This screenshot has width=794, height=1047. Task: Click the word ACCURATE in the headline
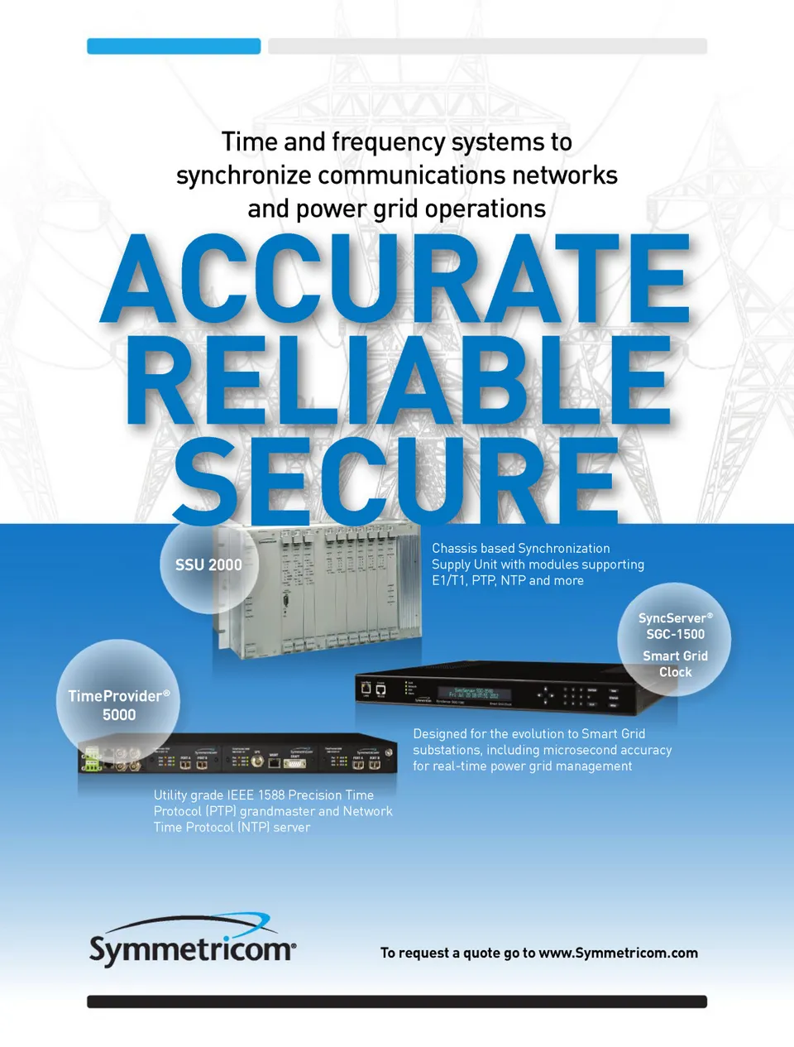[395, 278]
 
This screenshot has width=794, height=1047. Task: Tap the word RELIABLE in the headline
[397, 381]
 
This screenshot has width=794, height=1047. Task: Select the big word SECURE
[395, 480]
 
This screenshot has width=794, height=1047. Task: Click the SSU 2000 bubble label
[208, 565]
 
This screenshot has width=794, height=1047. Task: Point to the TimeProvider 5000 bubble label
[119, 705]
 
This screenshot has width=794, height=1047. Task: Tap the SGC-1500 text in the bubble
[676, 635]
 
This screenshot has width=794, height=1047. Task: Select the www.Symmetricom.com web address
[618, 953]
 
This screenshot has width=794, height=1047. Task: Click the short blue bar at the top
[174, 46]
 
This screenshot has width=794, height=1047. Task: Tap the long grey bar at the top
[487, 46]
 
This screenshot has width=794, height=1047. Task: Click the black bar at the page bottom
[397, 1001]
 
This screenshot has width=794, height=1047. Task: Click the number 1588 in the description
[271, 795]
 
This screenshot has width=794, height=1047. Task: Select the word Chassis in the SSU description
[454, 549]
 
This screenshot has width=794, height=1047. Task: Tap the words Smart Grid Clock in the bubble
[675, 664]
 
